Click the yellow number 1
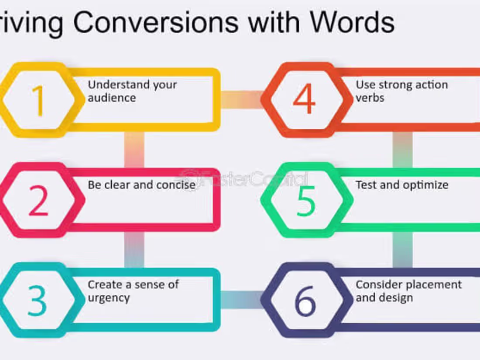click(x=39, y=100)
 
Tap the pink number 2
click(x=38, y=200)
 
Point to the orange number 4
click(x=304, y=100)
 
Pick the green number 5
click(x=305, y=200)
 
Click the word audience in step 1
click(x=112, y=98)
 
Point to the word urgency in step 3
click(x=109, y=298)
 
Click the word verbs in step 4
click(x=370, y=98)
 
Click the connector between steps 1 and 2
click(x=134, y=150)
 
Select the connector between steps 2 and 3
click(x=134, y=250)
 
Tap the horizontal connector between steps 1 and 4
click(x=241, y=100)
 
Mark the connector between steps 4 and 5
click(x=402, y=150)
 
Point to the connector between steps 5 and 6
click(x=402, y=250)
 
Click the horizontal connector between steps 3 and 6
click(x=241, y=300)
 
